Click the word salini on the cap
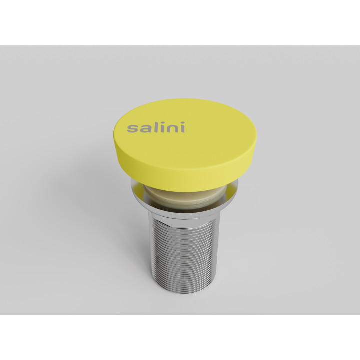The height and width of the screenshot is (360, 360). coord(155,127)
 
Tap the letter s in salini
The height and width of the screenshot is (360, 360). coord(132,129)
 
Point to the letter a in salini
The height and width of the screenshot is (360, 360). coord(143,129)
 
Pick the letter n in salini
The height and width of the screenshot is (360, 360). coord(171,129)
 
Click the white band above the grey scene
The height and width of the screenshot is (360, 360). coord(180,22)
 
